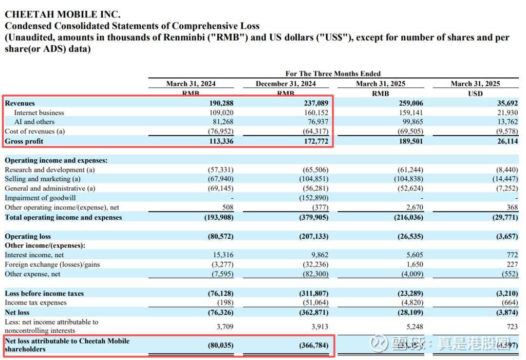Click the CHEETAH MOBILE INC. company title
tap(63, 15)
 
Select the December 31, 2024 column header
tap(285, 84)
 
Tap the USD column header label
tap(475, 94)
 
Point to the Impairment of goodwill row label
tap(40, 198)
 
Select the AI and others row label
tap(34, 122)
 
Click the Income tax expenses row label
tap(36, 303)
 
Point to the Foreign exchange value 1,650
tap(413, 265)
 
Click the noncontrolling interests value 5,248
tap(413, 326)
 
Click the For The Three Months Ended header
tap(333, 74)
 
